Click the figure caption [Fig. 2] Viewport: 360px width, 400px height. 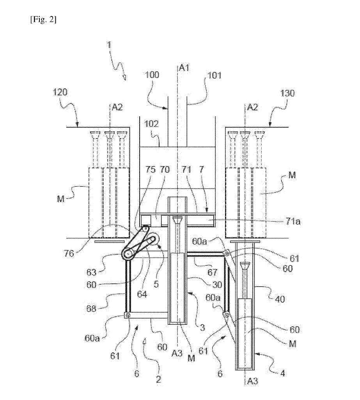[x=43, y=19]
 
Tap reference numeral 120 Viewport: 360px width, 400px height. [x=60, y=92]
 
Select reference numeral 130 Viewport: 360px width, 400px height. [x=287, y=93]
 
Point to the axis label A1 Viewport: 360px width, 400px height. [x=184, y=67]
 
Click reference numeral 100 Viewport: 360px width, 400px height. [x=152, y=75]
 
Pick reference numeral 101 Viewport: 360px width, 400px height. [x=214, y=76]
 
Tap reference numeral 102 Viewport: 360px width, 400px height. [x=152, y=124]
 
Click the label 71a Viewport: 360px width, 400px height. [x=293, y=221]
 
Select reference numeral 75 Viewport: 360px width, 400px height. [x=150, y=170]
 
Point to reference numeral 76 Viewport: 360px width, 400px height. [x=69, y=253]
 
